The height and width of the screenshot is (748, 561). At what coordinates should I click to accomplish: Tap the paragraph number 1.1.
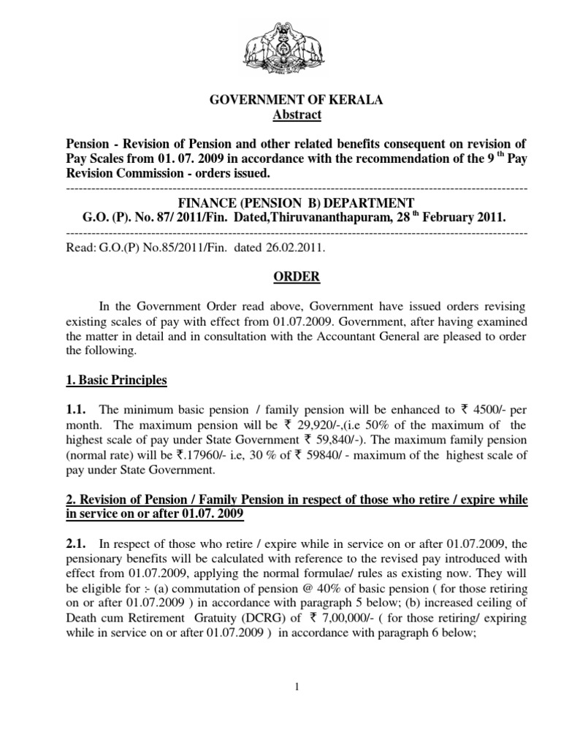pyautogui.click(x=77, y=411)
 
